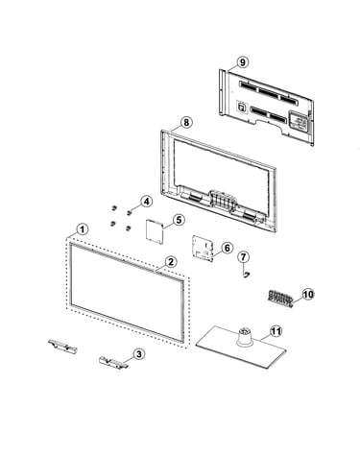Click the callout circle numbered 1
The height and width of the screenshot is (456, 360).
[83, 229]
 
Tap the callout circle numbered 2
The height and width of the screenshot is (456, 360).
[171, 262]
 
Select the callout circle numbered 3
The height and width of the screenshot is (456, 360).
[139, 354]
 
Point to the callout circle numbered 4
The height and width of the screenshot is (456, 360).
[146, 202]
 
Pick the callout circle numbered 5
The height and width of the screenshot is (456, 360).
[179, 220]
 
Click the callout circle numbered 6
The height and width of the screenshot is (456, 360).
[227, 248]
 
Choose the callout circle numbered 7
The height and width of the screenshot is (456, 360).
[244, 256]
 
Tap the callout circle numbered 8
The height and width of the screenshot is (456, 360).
[186, 122]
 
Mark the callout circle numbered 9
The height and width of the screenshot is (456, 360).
[243, 62]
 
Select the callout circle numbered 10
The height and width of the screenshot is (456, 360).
[308, 294]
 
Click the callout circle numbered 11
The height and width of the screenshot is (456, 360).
[276, 331]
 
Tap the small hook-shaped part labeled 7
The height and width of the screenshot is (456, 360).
[246, 274]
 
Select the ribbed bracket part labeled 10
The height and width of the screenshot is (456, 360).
[280, 298]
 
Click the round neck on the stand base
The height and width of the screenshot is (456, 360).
[245, 337]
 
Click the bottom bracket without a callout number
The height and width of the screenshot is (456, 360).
[63, 346]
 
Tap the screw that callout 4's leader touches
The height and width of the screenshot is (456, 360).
[129, 212]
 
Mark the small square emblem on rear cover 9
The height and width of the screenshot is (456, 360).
[242, 107]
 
